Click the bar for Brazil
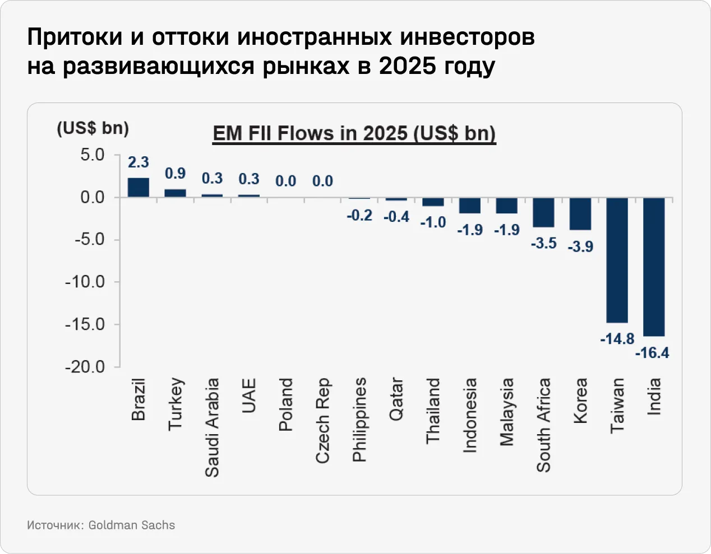pos(138,188)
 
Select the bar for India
pos(654,267)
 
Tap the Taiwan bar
pos(617,260)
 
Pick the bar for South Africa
pos(543,212)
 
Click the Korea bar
pos(580,213)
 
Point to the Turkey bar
pos(175,193)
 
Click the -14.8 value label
pos(617,339)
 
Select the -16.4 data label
pos(652,353)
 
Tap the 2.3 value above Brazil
pos(138,162)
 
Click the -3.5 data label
pos(543,243)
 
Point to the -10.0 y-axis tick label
pos(85,282)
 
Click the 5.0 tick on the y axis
pos(92,155)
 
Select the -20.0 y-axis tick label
pos(85,367)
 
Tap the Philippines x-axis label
pos(359,420)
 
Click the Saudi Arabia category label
pos(212,427)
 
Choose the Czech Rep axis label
pos(322,421)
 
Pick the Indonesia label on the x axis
pos(470,415)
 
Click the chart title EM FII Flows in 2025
pos(354,134)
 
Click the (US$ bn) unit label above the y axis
pos(93,128)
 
